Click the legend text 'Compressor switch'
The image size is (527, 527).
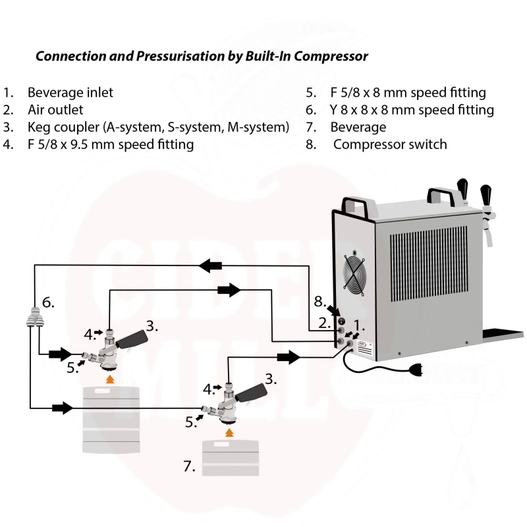[x=390, y=144]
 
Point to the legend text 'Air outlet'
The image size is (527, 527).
[x=55, y=110]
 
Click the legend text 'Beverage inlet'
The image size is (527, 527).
[x=70, y=93]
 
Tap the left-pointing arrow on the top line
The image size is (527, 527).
[x=211, y=265]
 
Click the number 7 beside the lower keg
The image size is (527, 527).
[x=189, y=466]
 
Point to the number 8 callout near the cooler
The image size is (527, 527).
[x=319, y=302]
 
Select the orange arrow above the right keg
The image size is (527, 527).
[x=229, y=431]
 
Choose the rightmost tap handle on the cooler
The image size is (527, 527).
[x=487, y=194]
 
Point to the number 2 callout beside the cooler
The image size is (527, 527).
[x=323, y=323]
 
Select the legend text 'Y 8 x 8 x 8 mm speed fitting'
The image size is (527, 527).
[x=412, y=110]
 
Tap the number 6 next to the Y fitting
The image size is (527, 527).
[x=48, y=302]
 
